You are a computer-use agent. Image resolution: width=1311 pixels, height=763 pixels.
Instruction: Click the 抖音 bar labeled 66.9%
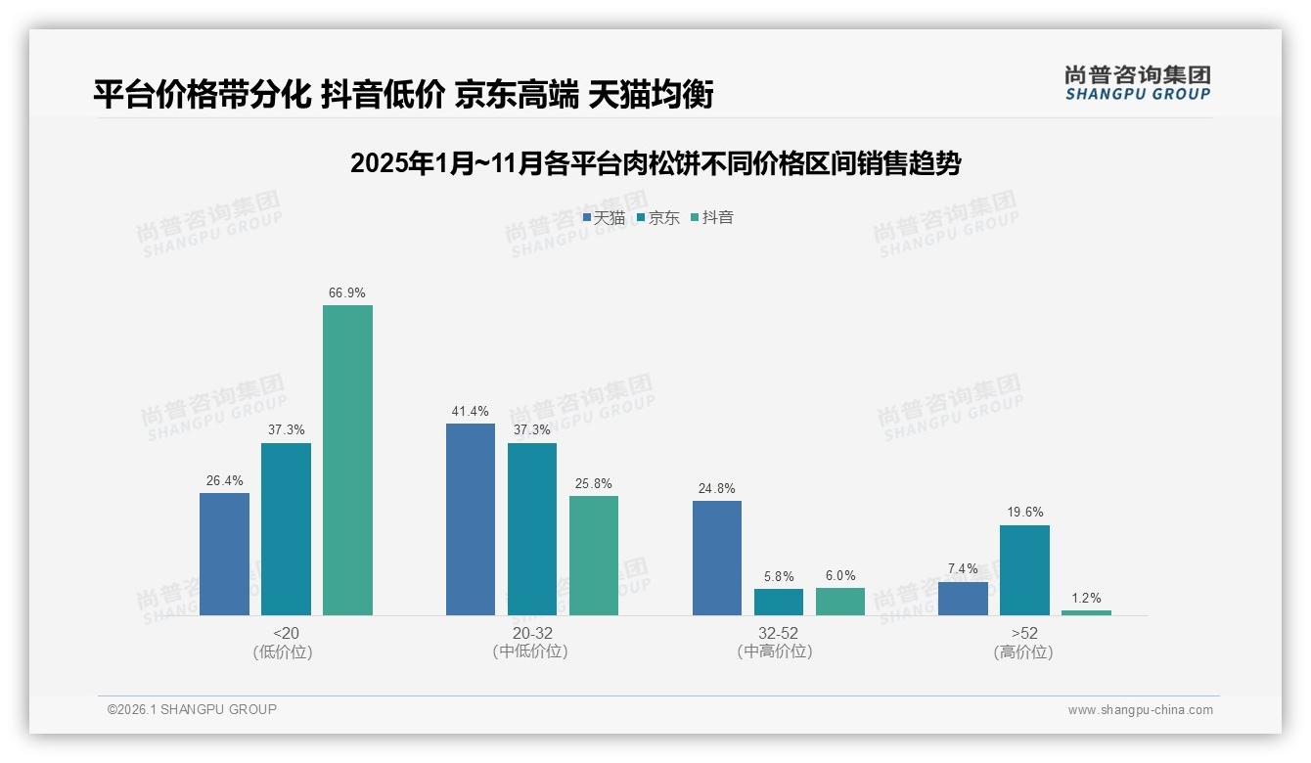tap(347, 460)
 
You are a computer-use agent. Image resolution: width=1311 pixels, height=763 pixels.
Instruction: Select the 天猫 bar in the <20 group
tap(224, 554)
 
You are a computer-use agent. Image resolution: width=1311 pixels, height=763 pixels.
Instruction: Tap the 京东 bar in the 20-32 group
tap(531, 529)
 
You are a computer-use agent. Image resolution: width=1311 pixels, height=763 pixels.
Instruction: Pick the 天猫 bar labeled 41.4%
tap(470, 519)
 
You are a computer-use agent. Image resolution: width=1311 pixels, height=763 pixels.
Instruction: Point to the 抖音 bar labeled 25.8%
tap(593, 556)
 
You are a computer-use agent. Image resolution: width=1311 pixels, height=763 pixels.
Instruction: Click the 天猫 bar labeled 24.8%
tap(716, 558)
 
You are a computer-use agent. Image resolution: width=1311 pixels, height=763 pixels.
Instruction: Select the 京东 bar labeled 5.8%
tap(778, 602)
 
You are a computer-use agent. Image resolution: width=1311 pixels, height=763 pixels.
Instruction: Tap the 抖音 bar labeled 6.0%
tap(839, 601)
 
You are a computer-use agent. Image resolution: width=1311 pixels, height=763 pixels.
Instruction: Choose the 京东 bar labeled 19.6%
tap(1024, 570)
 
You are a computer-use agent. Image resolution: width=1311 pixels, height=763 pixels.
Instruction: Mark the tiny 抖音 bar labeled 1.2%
tap(1086, 612)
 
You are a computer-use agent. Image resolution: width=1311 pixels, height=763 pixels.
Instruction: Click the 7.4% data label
tap(963, 568)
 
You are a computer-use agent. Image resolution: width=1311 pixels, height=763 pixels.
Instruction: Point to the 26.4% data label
tap(224, 480)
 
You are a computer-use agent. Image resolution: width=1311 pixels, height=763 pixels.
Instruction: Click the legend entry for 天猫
tap(604, 217)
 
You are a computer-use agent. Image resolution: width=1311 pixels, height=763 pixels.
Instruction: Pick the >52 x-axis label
tap(1023, 633)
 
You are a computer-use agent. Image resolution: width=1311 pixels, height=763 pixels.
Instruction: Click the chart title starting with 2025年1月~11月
tap(655, 162)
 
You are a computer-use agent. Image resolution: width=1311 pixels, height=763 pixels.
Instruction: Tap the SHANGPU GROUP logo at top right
tap(1137, 83)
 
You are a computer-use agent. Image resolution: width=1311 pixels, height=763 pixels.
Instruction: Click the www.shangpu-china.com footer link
tap(1140, 709)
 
